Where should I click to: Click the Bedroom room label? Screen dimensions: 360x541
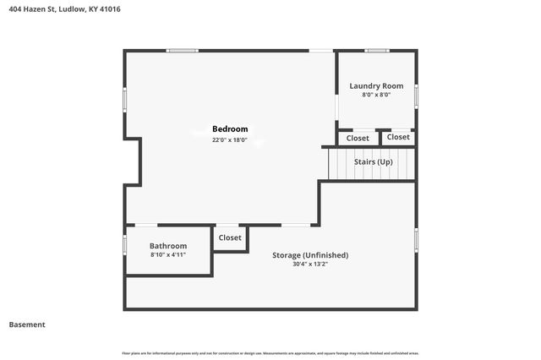[x=229, y=129]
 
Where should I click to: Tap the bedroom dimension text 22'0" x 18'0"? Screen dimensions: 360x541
[x=229, y=140]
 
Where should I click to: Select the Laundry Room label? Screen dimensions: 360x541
[x=376, y=85]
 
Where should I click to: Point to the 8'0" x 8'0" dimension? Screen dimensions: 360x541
[x=376, y=95]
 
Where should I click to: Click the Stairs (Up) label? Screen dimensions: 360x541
[x=373, y=161]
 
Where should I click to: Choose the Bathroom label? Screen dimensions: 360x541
[x=167, y=246]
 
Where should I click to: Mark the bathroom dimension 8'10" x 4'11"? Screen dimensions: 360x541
[x=167, y=254]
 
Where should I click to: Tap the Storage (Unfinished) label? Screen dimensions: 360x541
[x=309, y=254]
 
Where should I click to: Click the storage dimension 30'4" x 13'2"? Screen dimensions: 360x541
[x=309, y=264]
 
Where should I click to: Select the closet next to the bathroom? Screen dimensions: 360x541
[x=230, y=237]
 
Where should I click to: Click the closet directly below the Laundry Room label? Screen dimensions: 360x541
[x=358, y=138]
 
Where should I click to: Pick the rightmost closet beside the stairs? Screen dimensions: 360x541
[x=398, y=137]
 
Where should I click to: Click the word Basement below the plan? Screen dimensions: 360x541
[x=27, y=325]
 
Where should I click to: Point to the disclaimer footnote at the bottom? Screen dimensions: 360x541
[x=270, y=352]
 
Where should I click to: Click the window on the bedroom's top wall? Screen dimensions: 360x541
[x=182, y=51]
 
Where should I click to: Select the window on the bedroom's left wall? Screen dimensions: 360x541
[x=125, y=100]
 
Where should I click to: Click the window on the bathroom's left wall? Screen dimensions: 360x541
[x=125, y=245]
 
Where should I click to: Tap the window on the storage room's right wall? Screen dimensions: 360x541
[x=416, y=239]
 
